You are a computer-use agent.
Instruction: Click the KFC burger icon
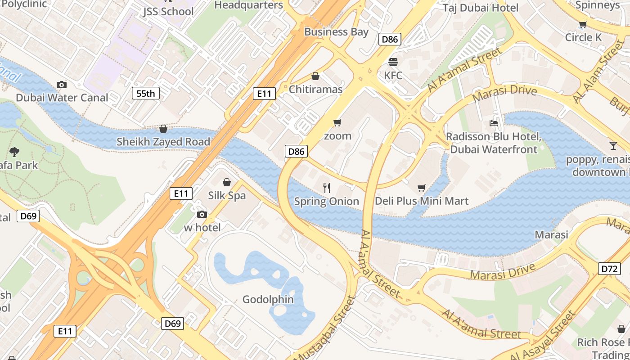click(x=393, y=62)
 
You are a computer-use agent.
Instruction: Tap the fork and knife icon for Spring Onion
click(x=327, y=188)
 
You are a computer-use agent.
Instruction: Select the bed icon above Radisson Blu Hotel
click(x=494, y=123)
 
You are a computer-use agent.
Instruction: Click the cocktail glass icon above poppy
click(x=613, y=145)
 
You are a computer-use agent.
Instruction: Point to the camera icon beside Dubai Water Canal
click(x=62, y=85)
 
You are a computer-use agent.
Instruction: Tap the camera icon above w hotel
click(x=202, y=214)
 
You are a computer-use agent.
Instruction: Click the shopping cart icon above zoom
click(x=337, y=122)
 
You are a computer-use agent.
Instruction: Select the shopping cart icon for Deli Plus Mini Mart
click(x=422, y=188)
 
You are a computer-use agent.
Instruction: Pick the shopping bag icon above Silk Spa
click(x=227, y=182)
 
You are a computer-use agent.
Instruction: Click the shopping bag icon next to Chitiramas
click(x=315, y=76)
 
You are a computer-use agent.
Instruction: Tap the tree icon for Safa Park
click(x=14, y=152)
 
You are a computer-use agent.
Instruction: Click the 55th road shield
click(x=145, y=94)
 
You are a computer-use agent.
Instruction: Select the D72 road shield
click(x=610, y=269)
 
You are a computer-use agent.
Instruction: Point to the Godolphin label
click(x=268, y=299)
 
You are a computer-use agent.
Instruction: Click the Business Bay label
click(x=336, y=32)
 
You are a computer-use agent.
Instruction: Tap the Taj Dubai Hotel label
click(x=480, y=8)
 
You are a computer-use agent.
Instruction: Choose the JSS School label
click(x=168, y=11)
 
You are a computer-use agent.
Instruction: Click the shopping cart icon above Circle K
click(x=583, y=24)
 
